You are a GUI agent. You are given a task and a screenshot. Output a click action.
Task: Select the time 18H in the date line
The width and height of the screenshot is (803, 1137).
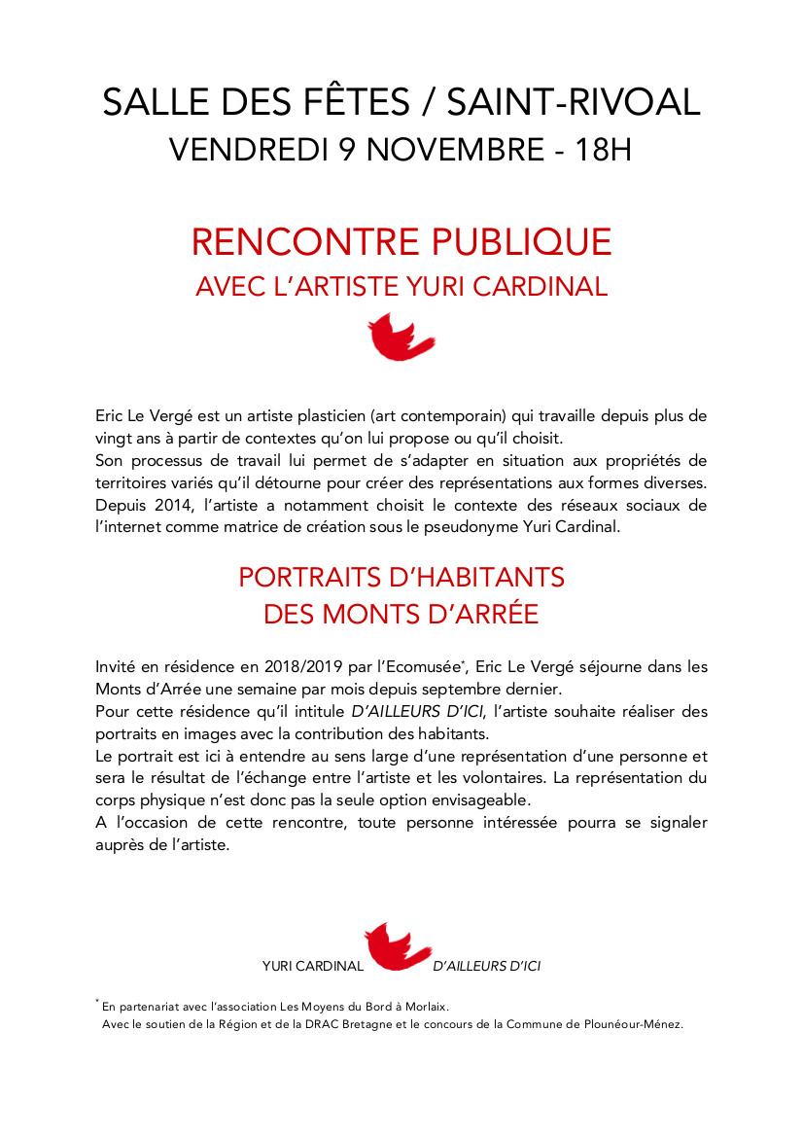[603, 151]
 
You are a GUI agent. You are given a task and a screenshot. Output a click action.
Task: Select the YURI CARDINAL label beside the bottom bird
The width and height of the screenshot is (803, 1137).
[313, 967]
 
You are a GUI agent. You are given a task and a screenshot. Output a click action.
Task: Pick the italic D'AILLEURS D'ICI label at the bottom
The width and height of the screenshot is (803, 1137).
[487, 967]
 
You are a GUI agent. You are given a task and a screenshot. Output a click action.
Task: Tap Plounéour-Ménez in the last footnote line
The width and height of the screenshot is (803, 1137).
[632, 1023]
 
